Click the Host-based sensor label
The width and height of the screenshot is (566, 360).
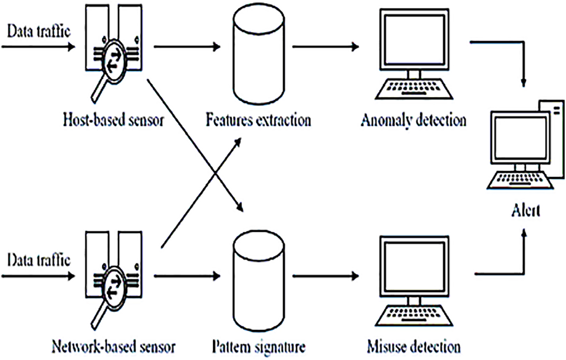coord(114,120)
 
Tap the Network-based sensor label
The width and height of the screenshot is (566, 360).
coord(114,346)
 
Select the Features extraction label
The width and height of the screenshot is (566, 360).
coord(258,120)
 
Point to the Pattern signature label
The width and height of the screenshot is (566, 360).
coord(258,347)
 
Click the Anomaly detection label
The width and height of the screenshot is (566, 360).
coord(414,120)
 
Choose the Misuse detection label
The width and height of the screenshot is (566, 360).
coord(414,346)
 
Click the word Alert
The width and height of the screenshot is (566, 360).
coord(526,210)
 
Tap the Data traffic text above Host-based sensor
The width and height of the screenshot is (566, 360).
coord(39,31)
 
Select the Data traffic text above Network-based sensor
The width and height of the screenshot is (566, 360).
coord(39,260)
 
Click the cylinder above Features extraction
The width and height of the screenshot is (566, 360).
coord(259,54)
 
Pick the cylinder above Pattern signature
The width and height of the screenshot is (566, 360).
coord(259,281)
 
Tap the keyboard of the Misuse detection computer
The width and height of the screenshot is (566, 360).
coord(414,316)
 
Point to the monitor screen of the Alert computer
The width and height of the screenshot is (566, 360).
coord(520,138)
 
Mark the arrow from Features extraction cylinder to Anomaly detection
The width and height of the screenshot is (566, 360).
coord(326,47)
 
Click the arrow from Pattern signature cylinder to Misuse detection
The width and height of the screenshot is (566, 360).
coord(326,276)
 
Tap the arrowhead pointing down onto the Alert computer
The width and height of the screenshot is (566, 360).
coord(524,83)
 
